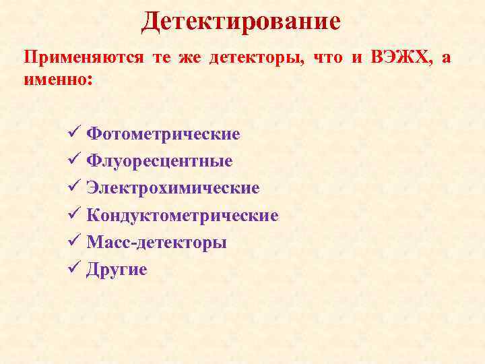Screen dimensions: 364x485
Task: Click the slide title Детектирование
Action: coord(241,21)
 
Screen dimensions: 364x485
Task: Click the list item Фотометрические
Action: coord(163,134)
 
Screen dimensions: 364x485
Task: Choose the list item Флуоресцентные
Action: coord(160,161)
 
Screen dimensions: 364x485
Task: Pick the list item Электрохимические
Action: coord(173,188)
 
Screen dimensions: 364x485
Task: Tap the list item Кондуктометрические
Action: coord(183,216)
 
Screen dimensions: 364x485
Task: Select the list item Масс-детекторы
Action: coord(156,243)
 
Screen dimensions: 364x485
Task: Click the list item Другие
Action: coord(117,270)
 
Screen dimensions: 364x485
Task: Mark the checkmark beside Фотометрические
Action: coord(75,133)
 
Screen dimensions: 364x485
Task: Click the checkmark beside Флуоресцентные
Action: coord(75,160)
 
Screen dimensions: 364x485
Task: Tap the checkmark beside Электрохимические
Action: coord(75,187)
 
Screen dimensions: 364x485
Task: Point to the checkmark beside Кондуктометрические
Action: coord(75,215)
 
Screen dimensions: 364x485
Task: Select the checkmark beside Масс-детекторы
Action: coord(75,242)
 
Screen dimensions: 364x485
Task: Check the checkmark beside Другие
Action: coord(75,269)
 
